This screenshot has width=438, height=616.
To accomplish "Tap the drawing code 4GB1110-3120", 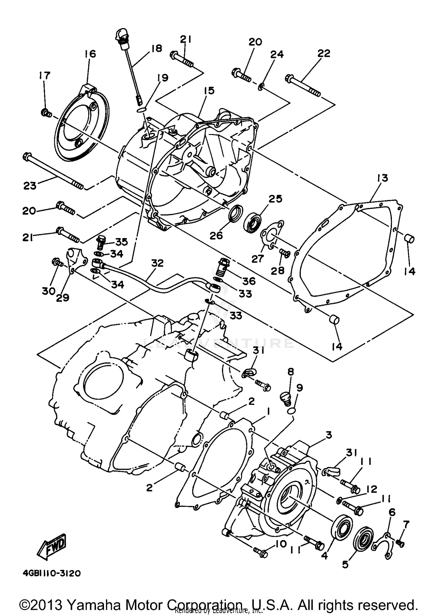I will pyautogui.click(x=51, y=573).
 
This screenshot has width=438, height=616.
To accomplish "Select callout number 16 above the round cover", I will pyautogui.click(x=90, y=54).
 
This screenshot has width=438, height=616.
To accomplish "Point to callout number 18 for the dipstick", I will pyautogui.click(x=157, y=48).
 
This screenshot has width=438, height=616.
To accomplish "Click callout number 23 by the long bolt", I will pyautogui.click(x=29, y=185).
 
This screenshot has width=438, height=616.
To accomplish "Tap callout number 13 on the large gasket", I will pyautogui.click(x=382, y=178).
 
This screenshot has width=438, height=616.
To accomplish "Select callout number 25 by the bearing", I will pyautogui.click(x=275, y=199).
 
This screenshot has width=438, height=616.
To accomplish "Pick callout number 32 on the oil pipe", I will pyautogui.click(x=157, y=263).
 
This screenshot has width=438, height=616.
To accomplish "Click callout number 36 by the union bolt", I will pyautogui.click(x=249, y=281).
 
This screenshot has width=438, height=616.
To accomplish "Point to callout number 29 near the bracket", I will pyautogui.click(x=62, y=298).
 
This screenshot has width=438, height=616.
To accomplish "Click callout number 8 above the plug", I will pyautogui.click(x=291, y=372).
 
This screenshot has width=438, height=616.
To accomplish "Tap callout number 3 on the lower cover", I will pyautogui.click(x=329, y=435).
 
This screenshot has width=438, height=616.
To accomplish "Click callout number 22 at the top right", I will pyautogui.click(x=324, y=53).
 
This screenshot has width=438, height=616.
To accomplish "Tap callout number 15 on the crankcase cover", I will pyautogui.click(x=209, y=90).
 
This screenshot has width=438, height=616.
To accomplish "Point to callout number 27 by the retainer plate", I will pyautogui.click(x=258, y=258).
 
